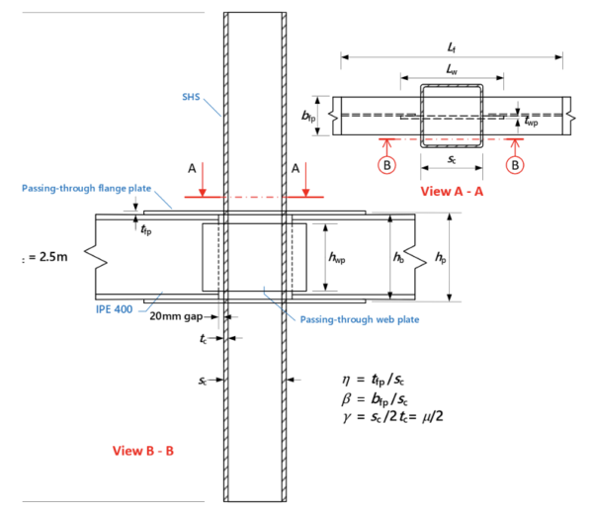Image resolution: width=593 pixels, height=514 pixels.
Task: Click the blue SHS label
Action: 193,97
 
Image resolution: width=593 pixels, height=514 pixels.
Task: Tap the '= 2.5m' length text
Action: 45,259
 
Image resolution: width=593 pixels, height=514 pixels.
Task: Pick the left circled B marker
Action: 389,165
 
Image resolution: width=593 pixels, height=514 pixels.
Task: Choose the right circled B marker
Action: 515,165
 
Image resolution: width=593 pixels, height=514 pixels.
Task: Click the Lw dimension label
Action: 452,69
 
